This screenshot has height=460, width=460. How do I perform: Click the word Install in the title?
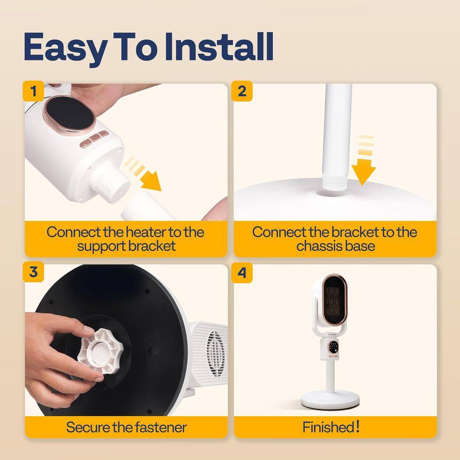[x=219, y=47]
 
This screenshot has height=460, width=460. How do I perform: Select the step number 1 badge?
[x=34, y=91]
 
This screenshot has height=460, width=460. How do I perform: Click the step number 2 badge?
[x=242, y=91]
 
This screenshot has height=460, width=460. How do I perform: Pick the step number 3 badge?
[x=34, y=272]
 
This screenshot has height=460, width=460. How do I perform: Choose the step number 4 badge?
[x=242, y=272]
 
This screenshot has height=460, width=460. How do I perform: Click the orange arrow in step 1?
[x=144, y=174]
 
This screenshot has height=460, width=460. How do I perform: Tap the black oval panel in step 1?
[x=69, y=114]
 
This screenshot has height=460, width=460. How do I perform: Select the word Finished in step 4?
[x=328, y=427]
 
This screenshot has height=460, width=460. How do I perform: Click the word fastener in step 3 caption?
[x=161, y=427]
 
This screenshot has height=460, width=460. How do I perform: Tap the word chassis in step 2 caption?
[x=319, y=246]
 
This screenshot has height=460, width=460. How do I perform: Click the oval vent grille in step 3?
[x=216, y=353]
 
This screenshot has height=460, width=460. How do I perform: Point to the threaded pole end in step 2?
[x=335, y=183]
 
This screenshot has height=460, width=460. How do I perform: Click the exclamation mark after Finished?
[x=357, y=426]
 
